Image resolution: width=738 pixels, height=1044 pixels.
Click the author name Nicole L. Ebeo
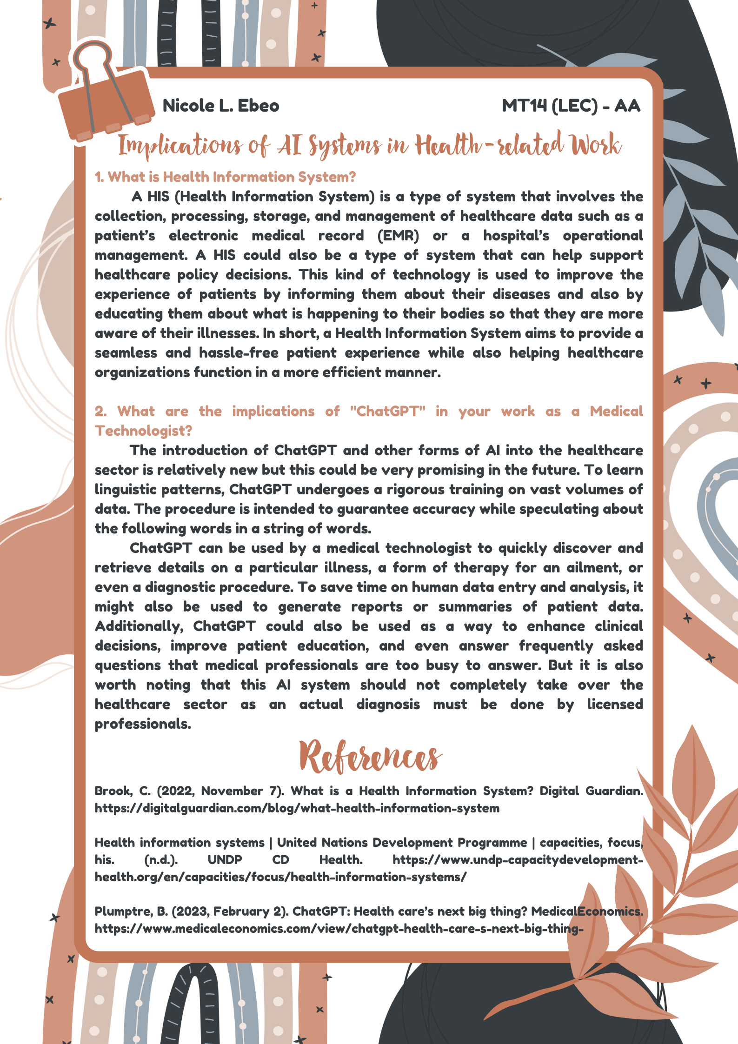(221, 106)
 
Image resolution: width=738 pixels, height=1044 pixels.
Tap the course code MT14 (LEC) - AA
(571, 106)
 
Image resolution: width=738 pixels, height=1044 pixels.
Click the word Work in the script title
(596, 145)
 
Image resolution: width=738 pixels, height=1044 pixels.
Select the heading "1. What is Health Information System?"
(225, 177)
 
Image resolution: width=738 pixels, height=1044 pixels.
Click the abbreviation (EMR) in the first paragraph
(398, 236)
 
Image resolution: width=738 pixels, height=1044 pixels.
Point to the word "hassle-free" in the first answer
(239, 353)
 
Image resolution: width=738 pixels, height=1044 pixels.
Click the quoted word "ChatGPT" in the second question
(387, 412)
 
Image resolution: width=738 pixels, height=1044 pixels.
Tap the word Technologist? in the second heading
(143, 431)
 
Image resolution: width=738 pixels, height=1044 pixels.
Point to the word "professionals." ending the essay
(143, 724)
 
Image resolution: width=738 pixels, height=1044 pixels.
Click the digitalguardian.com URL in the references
(297, 808)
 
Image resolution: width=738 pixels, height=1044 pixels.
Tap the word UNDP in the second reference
(225, 860)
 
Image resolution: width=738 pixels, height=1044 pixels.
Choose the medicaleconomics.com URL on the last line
(339, 929)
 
